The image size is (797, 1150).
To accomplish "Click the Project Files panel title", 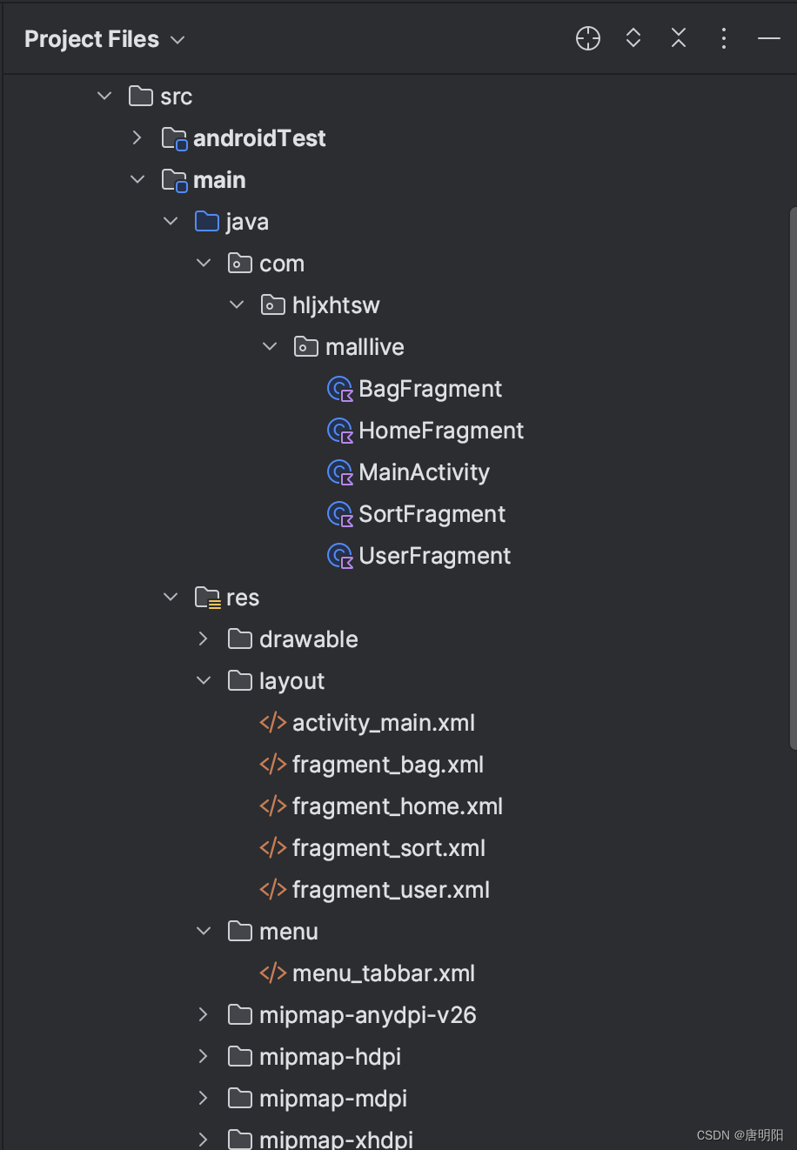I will click(92, 39).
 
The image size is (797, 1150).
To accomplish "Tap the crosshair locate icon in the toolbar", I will click(588, 38).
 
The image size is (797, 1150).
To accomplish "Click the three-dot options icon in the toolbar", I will click(723, 38).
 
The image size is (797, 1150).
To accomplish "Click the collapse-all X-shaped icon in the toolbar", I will click(679, 38).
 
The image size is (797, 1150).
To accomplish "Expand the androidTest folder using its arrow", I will click(137, 138).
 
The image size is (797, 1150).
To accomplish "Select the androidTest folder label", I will click(259, 138).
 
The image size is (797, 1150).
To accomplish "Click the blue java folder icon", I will click(207, 222).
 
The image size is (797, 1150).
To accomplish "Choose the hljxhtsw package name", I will click(336, 305).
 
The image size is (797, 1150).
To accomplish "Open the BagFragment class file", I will click(430, 389).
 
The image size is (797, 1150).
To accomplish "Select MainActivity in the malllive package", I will click(424, 472).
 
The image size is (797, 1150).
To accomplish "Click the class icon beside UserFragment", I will click(339, 556).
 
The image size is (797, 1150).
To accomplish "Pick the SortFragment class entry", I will click(432, 514).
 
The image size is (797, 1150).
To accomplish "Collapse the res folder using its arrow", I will click(171, 598).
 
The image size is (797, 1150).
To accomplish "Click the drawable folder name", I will click(308, 639).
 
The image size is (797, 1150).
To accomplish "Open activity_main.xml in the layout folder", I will click(383, 723).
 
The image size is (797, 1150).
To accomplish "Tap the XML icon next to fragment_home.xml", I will click(272, 806).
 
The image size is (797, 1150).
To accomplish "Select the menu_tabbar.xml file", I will click(383, 973).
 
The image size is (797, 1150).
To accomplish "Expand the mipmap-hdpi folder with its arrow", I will click(203, 1057).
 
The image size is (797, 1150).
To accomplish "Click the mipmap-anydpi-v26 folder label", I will click(367, 1015).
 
